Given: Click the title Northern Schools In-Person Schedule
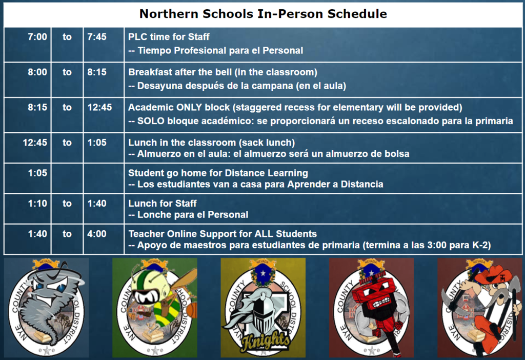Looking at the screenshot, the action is pos(263,14).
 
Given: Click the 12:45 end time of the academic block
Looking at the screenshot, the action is pos(99,107).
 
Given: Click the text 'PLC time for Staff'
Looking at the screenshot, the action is pos(169,37).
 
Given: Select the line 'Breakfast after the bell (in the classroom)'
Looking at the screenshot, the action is pos(223,72).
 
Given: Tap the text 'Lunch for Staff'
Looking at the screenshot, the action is pos(163,203).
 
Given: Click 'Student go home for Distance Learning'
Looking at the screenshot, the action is pos(218,173).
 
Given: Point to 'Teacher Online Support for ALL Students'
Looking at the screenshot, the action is pos(223,234).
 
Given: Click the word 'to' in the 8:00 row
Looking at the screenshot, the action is pos(67,72).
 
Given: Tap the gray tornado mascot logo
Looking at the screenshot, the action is pos(47,307).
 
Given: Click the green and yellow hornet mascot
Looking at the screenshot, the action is pos(155,307).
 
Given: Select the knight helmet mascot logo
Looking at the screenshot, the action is pos(263,307).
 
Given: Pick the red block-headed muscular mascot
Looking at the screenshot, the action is pos(371,307).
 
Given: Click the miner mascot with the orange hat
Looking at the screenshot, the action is pos(479,307).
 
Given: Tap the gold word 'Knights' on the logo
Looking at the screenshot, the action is pos(266,341).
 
